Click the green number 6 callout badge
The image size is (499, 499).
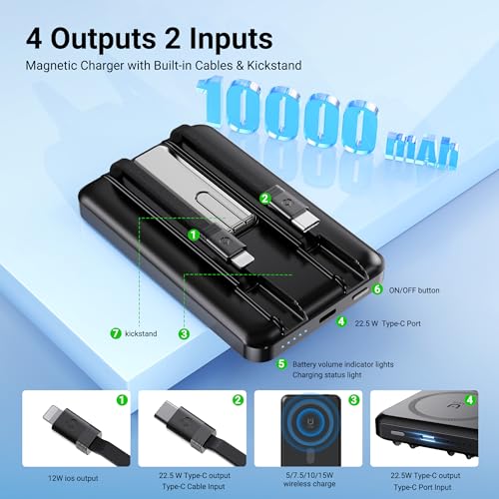pyautogui.click(x=377, y=289)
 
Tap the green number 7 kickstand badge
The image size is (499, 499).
pyautogui.click(x=115, y=332)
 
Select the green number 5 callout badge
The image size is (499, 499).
pyautogui.click(x=282, y=363)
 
